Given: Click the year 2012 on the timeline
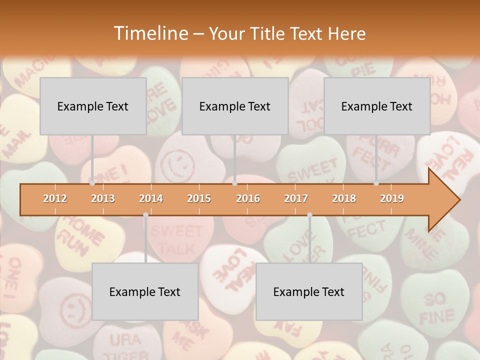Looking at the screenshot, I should click(55, 198).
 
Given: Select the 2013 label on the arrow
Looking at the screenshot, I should click(103, 198).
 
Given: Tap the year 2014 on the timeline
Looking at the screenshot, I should click(151, 198).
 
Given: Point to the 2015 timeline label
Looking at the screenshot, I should click(199, 198).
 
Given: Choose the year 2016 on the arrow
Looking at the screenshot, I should click(248, 198).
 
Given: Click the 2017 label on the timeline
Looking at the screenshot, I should click(296, 198).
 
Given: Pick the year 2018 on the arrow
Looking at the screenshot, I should click(344, 198).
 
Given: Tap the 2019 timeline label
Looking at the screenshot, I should click(392, 198).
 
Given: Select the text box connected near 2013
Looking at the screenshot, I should click(93, 106).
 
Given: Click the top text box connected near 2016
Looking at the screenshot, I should click(235, 106).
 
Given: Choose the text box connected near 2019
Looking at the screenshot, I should click(377, 106).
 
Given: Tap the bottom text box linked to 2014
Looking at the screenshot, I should click(145, 292).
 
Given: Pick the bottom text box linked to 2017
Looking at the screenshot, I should click(309, 292).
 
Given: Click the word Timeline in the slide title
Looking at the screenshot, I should click(150, 33).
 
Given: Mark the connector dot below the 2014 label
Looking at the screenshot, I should click(145, 214).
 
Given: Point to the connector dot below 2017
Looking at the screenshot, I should click(309, 214).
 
